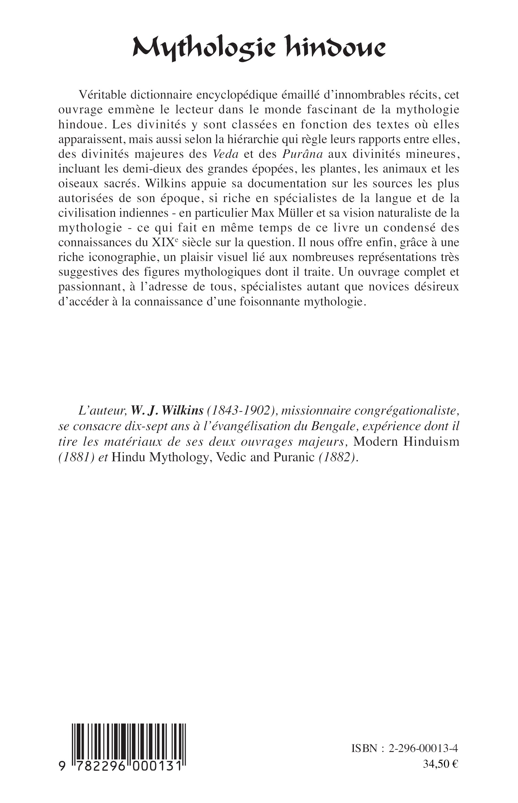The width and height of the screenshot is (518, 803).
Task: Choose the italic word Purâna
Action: point(302,154)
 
